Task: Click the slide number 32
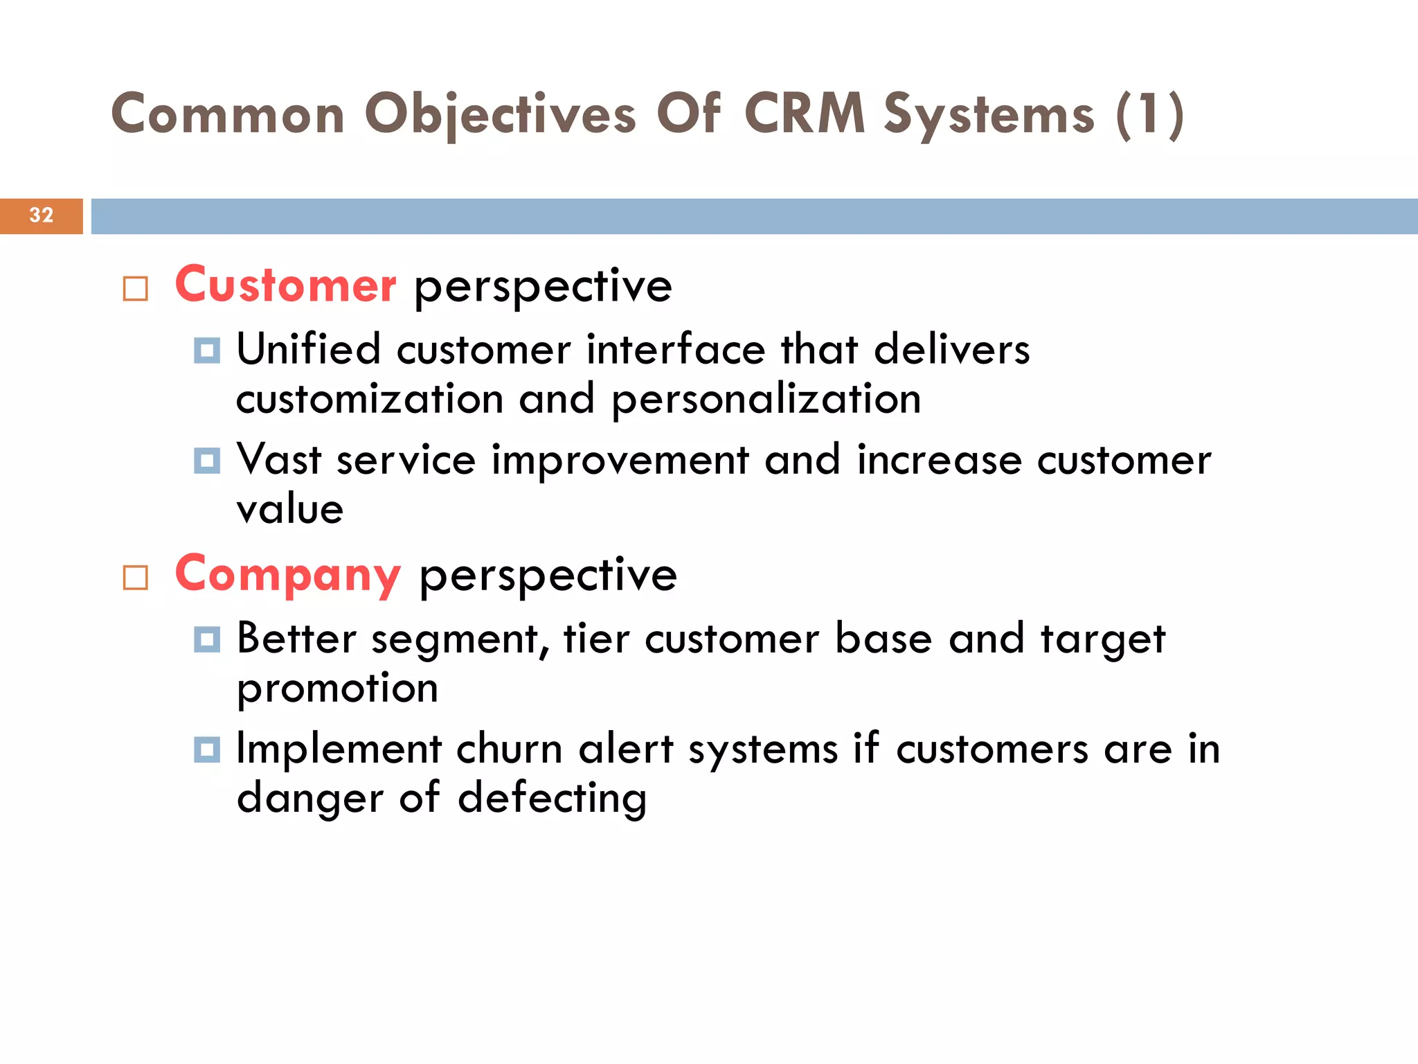[42, 215]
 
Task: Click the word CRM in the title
[804, 114]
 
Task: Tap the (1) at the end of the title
[1149, 114]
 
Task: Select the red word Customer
[285, 285]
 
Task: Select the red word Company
[288, 574]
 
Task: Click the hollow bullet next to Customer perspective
[136, 289]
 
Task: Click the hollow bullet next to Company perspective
[136, 578]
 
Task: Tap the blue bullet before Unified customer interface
[207, 351]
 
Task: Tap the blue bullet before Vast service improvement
[207, 461]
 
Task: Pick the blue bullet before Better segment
[207, 639]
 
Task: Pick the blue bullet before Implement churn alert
[207, 750]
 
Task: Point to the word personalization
[766, 400]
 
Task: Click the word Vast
[279, 460]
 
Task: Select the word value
[289, 510]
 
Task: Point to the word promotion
[337, 689]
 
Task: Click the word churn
[509, 749]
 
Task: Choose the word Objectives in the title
[500, 114]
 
